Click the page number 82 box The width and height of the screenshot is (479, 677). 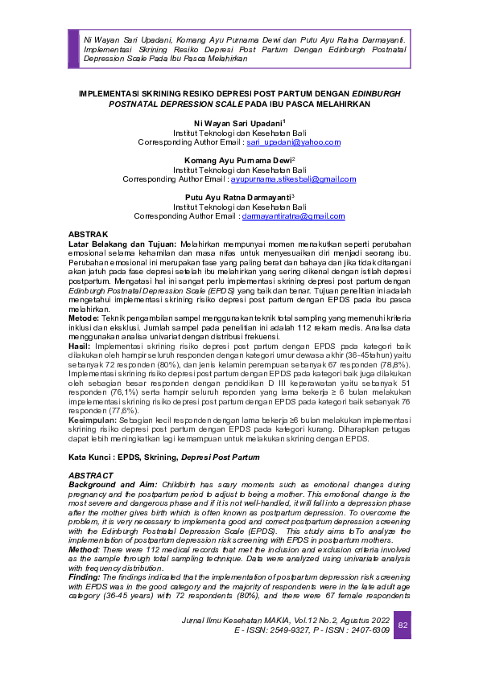coord(403,625)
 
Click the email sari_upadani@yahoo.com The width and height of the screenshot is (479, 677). coord(293,142)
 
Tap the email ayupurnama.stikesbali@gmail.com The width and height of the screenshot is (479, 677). coord(288,179)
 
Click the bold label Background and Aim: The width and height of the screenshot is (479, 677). coord(112,485)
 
